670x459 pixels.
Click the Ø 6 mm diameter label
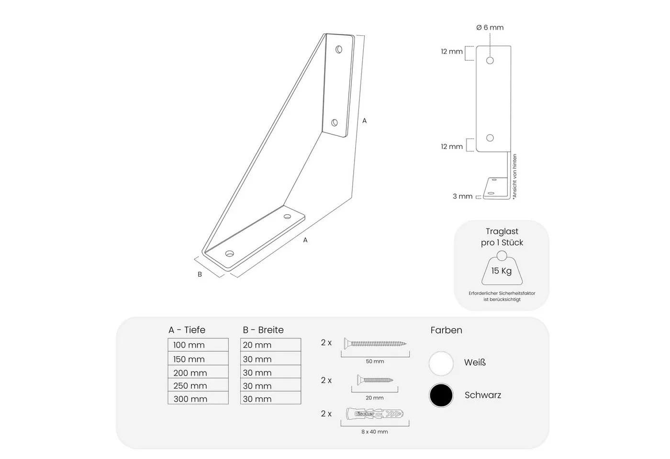click(x=490, y=28)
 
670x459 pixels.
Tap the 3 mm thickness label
click(x=462, y=197)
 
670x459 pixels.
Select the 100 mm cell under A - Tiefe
click(x=198, y=345)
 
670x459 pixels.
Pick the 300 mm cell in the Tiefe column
click(x=198, y=398)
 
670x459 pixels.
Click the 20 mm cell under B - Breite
click(x=270, y=345)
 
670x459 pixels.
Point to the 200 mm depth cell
click(x=198, y=372)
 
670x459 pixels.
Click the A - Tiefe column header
click(x=187, y=330)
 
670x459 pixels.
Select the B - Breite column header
click(x=263, y=330)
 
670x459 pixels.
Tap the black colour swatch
click(x=441, y=395)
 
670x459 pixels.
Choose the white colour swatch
click(x=441, y=363)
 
